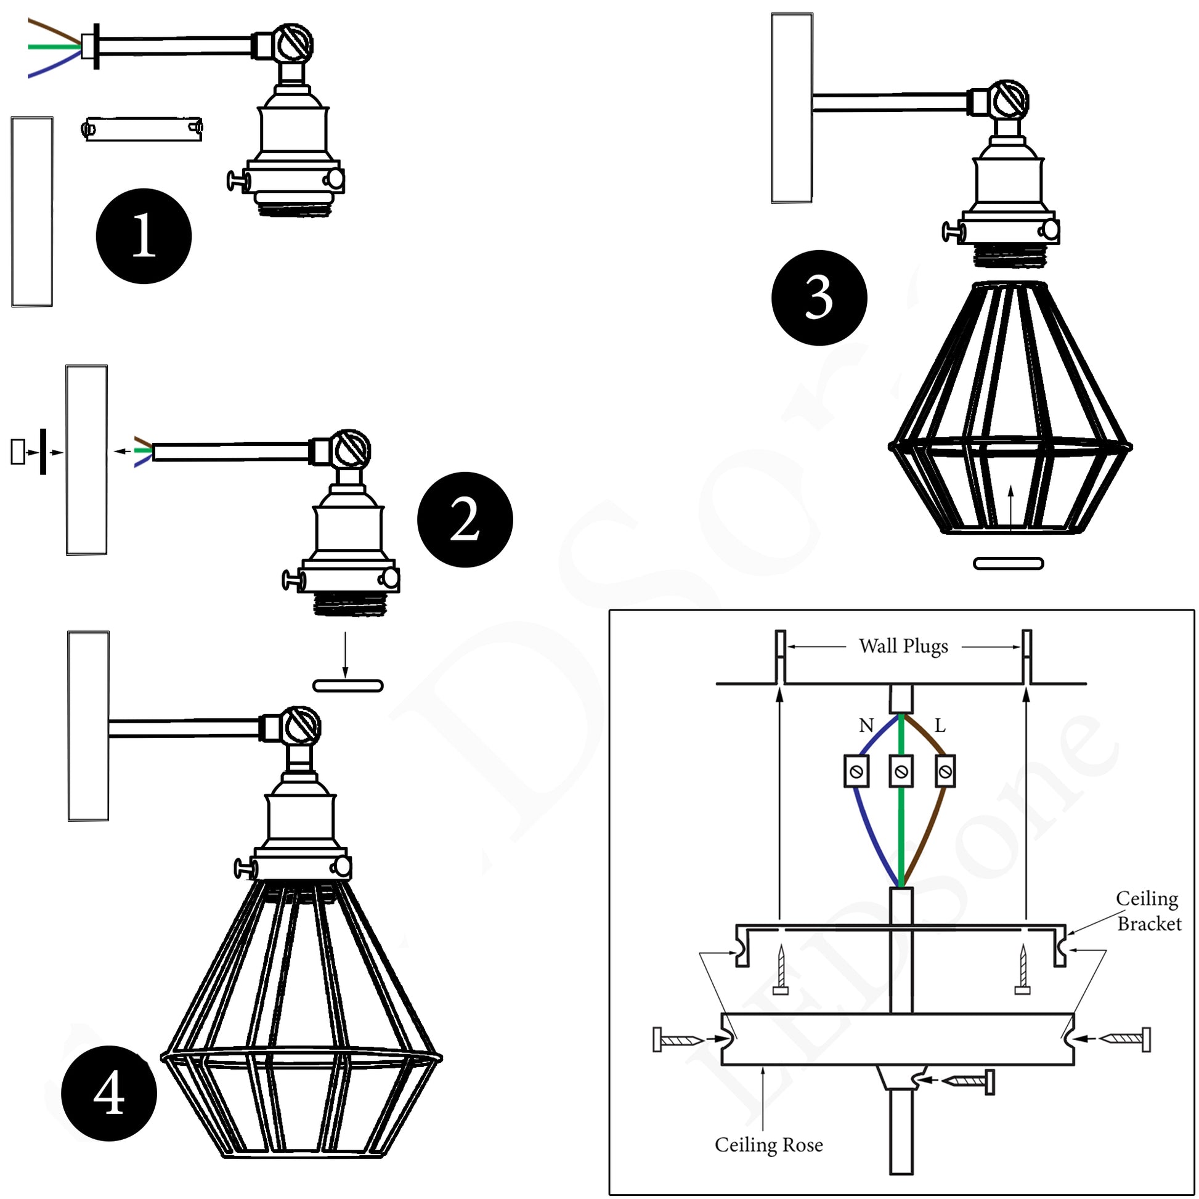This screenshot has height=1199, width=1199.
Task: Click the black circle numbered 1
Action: (144, 236)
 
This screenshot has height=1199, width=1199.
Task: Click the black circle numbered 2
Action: (465, 519)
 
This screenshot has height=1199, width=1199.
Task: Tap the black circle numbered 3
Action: (819, 297)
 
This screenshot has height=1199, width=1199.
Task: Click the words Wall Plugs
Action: (903, 647)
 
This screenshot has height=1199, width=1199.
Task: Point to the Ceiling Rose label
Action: (768, 1144)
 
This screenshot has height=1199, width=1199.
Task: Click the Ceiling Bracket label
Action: (1147, 911)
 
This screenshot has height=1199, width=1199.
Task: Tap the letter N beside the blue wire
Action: (866, 725)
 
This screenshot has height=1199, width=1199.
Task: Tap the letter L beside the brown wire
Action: (940, 725)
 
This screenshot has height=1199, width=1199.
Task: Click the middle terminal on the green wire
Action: (902, 771)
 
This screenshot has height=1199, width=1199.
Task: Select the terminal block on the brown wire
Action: (945, 771)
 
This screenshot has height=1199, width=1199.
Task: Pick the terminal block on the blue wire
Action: (856, 771)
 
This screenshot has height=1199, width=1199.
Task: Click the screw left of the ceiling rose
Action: (678, 1039)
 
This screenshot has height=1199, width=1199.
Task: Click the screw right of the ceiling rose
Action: (1125, 1039)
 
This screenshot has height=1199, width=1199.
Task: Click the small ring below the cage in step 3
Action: (1008, 564)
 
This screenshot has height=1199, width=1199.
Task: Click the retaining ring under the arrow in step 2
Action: (348, 686)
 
